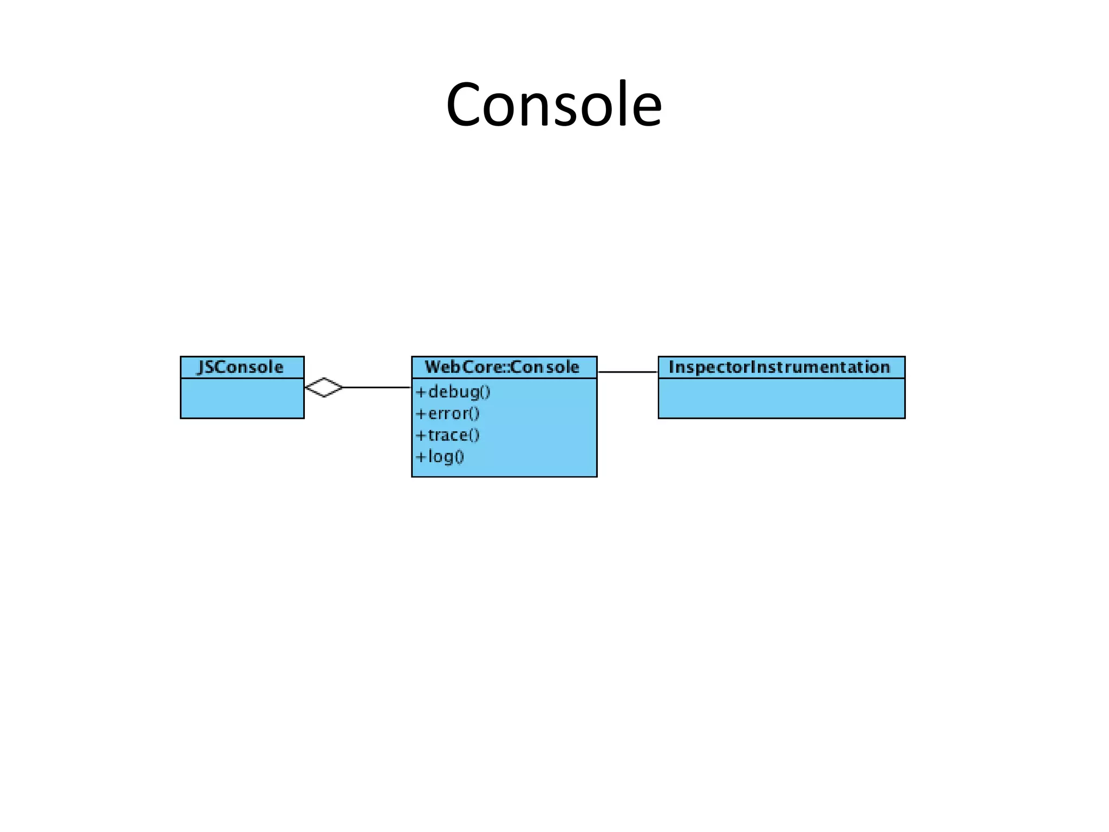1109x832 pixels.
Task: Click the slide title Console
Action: tap(553, 104)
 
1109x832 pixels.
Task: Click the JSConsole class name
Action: tap(241, 367)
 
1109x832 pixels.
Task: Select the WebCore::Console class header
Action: tap(503, 367)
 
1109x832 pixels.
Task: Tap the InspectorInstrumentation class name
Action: tap(780, 367)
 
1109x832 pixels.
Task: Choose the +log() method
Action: tap(440, 457)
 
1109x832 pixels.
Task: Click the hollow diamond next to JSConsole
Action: tap(324, 387)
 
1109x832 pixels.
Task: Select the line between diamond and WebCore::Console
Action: tap(377, 387)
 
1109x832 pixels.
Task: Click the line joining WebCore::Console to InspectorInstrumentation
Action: tap(628, 372)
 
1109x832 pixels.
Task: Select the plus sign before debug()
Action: tap(421, 392)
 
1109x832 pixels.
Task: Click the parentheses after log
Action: tap(459, 457)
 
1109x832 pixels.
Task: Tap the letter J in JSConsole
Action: tap(201, 367)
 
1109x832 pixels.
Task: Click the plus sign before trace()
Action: tap(421, 435)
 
